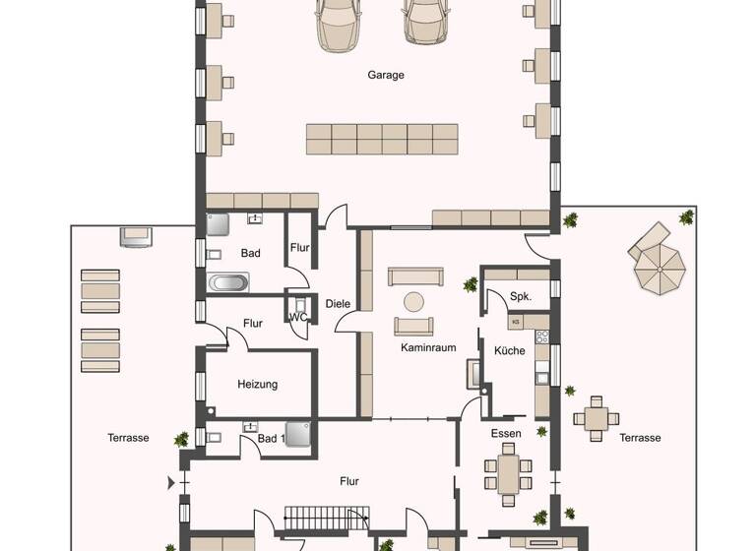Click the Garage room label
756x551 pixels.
(x=386, y=75)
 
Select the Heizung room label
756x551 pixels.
(x=257, y=385)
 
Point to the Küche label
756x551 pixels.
(x=510, y=350)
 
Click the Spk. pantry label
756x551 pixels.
(x=521, y=296)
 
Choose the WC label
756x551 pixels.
(x=297, y=317)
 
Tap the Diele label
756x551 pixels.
(x=338, y=303)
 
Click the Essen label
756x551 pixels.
(x=506, y=433)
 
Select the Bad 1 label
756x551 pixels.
(x=271, y=438)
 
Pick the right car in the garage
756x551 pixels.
(x=421, y=24)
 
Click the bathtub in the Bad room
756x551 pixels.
(x=229, y=283)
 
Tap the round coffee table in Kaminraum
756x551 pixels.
(x=414, y=302)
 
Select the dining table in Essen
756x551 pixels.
(x=508, y=471)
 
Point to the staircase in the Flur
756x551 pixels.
(x=327, y=516)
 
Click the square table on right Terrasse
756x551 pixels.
(x=596, y=417)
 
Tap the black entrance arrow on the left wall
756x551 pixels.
(x=173, y=483)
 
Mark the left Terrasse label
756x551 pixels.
(x=128, y=438)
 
